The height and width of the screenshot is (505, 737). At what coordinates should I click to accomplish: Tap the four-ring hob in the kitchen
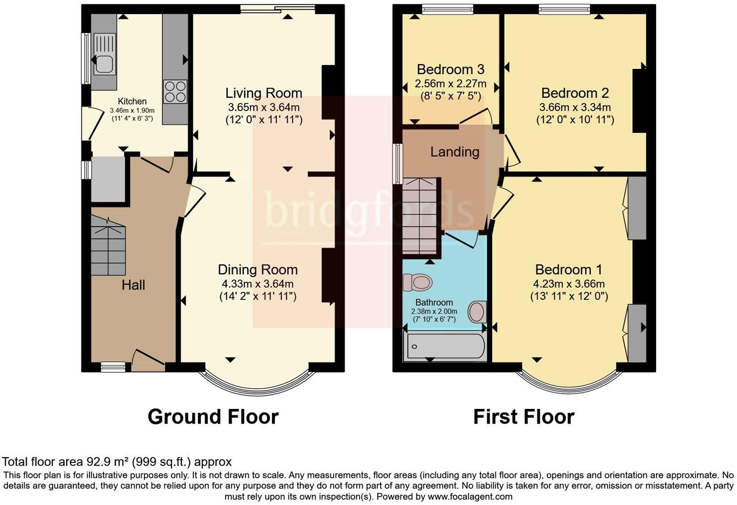(175, 91)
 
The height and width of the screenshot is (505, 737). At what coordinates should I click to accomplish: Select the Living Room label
(264, 93)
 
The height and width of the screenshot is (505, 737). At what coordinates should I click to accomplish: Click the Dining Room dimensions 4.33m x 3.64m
(257, 284)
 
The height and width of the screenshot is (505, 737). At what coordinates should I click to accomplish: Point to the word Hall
(133, 285)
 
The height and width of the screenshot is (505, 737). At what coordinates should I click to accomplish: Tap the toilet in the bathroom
(418, 282)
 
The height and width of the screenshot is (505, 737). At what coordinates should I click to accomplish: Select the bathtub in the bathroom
(446, 346)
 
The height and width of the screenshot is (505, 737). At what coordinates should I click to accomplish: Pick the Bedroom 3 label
(450, 69)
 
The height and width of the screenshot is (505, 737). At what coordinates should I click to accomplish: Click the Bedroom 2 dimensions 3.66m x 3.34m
(575, 107)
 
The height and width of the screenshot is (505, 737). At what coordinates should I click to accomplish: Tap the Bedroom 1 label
(569, 269)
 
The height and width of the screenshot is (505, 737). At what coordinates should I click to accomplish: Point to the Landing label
(455, 152)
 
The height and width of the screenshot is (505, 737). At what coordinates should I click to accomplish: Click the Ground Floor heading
(213, 417)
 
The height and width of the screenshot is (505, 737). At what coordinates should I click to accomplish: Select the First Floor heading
(524, 417)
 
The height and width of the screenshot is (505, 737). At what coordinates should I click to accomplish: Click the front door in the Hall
(148, 359)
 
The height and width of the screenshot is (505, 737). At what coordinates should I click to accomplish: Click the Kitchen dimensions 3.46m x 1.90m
(132, 111)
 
